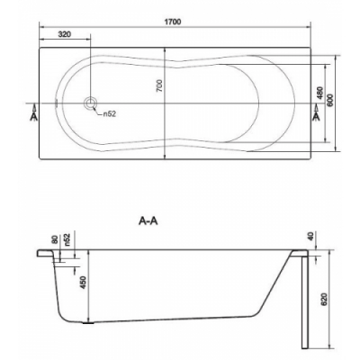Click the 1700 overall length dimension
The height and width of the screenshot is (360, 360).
tap(173, 22)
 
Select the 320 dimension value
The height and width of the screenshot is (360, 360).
tap(65, 34)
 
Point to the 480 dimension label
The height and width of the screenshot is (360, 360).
tap(319, 93)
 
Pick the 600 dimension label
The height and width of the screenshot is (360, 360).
tap(329, 100)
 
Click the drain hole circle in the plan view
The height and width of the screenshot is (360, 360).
tap(90, 103)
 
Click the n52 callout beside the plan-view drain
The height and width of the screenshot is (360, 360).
tap(110, 114)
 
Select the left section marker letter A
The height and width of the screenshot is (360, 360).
tap(35, 116)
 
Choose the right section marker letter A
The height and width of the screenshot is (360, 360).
tap(316, 116)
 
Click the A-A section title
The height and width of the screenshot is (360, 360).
tap(148, 221)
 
